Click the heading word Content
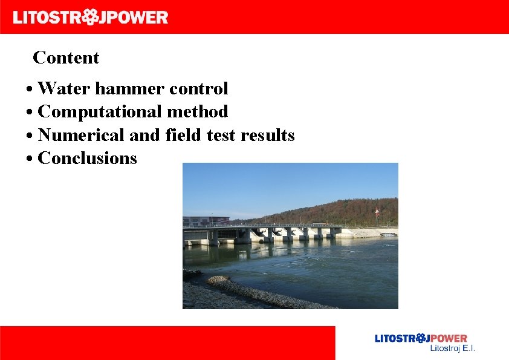tap(66, 58)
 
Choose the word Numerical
tap(82, 135)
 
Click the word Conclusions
tap(87, 159)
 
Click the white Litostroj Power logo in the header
tap(91, 17)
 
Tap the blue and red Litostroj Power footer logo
tap(421, 339)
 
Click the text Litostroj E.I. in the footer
tap(452, 349)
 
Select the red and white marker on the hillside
tap(377, 212)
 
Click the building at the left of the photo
tap(206, 221)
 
